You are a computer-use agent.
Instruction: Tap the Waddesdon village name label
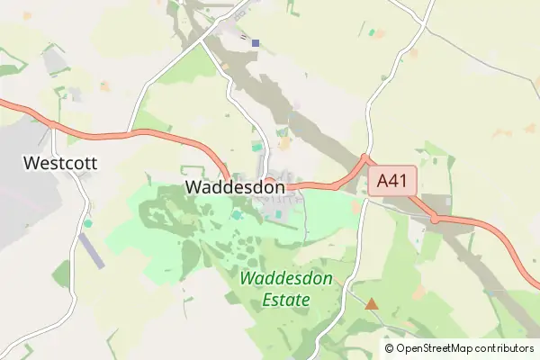(x=235, y=186)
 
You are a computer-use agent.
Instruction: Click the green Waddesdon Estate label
(x=287, y=289)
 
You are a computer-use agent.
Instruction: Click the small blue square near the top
(x=256, y=42)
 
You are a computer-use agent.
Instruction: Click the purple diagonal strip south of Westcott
(x=91, y=250)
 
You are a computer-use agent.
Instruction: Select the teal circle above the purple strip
(x=88, y=222)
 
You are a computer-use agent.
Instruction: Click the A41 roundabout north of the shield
(x=364, y=159)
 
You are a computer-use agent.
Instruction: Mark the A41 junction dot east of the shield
(x=435, y=219)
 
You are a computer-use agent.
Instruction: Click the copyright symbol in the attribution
(x=389, y=348)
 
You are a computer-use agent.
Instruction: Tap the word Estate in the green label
(x=287, y=300)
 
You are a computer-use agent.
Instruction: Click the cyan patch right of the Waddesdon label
(x=238, y=214)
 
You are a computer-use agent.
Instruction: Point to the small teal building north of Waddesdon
(x=257, y=146)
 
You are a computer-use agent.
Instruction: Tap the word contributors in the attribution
(x=500, y=348)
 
